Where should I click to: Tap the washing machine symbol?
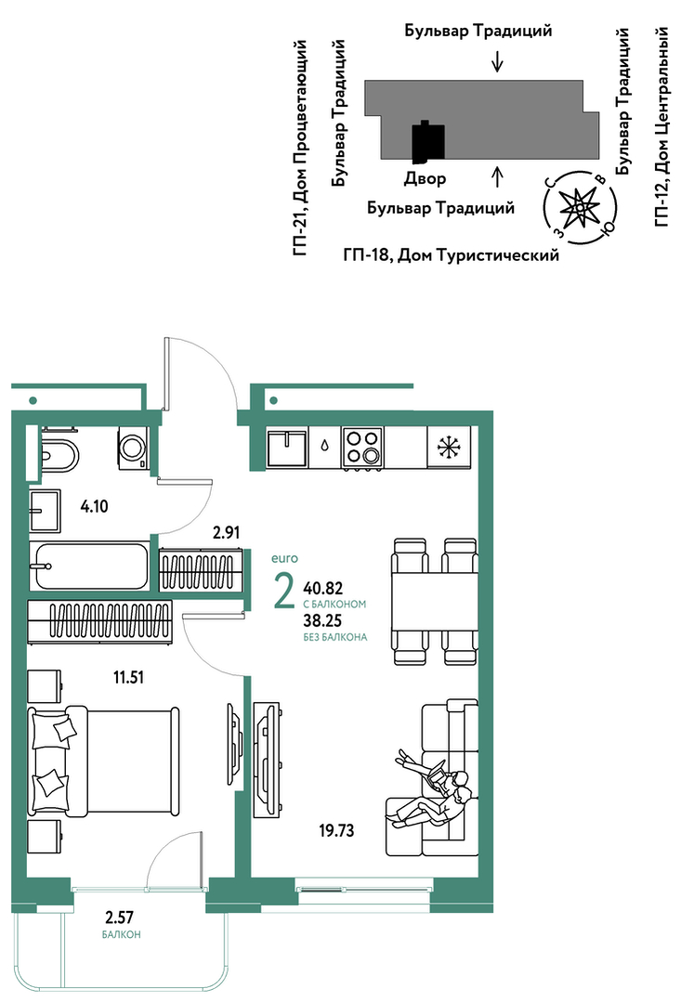[x=133, y=448]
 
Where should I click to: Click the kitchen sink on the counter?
[x=287, y=448]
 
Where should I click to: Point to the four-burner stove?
[x=362, y=448]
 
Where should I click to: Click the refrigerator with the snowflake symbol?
[x=449, y=448]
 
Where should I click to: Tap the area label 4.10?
[x=95, y=507]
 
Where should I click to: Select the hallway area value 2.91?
[x=227, y=532]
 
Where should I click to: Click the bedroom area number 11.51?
[x=128, y=677]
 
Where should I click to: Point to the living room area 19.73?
[x=336, y=831]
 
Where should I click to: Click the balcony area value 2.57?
[x=120, y=917]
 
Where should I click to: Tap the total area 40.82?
[x=323, y=588]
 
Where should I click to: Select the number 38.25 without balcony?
[x=322, y=620]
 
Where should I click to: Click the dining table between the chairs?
[x=435, y=602]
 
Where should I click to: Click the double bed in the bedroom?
[x=103, y=761]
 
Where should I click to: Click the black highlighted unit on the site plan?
[x=427, y=141]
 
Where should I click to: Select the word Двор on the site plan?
[x=425, y=179]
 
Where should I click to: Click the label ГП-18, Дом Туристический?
[x=452, y=255]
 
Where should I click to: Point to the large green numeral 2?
[x=283, y=592]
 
